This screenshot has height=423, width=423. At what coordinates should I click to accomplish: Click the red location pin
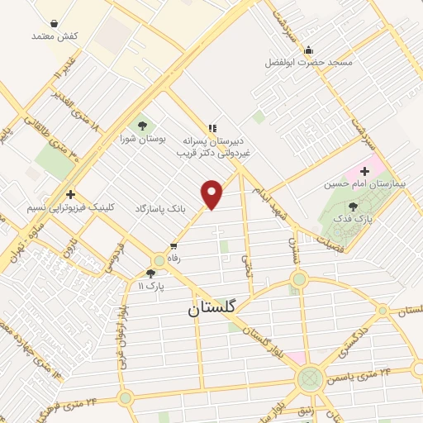click(x=213, y=193)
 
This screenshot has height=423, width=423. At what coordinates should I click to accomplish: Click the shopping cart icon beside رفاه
click(x=173, y=245)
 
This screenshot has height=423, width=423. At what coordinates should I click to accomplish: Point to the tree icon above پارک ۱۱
click(x=150, y=273)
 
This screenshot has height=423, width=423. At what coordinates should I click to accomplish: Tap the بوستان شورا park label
click(x=143, y=139)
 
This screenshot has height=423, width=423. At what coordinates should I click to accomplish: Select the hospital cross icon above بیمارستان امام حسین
click(x=364, y=170)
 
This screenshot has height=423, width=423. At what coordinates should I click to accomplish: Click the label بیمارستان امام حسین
click(x=378, y=183)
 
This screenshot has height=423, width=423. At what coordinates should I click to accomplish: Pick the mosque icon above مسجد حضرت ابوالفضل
click(x=308, y=50)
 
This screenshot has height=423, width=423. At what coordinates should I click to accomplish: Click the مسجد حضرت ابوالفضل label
click(x=308, y=63)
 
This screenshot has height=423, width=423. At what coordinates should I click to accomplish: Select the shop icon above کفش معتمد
click(x=54, y=24)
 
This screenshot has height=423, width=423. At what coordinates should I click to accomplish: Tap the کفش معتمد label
click(x=54, y=36)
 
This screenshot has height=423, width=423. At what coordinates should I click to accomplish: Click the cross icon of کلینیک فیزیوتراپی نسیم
click(x=71, y=193)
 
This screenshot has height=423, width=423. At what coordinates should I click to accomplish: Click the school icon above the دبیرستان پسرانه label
click(x=213, y=128)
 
